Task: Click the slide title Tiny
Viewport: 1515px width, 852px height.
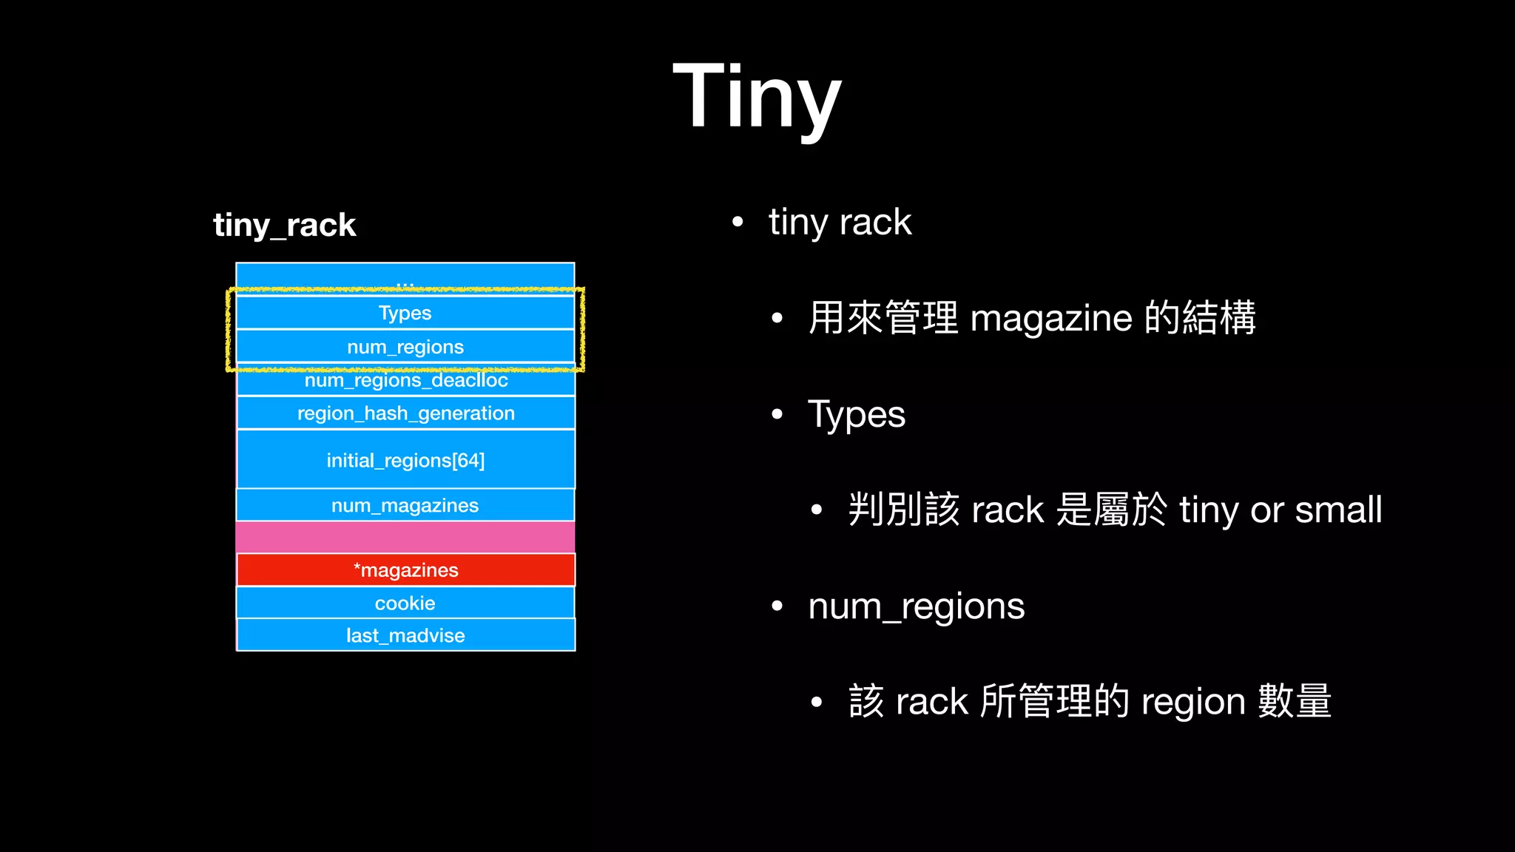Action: (x=757, y=96)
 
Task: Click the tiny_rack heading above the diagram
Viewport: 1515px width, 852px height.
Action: (x=285, y=225)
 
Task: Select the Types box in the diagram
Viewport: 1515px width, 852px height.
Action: (x=405, y=313)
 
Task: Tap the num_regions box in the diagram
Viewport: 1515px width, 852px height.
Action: (x=405, y=347)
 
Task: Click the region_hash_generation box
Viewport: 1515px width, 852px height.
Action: (x=405, y=413)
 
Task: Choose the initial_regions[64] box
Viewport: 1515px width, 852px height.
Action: (x=405, y=460)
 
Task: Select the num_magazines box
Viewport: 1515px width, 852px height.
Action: (x=405, y=505)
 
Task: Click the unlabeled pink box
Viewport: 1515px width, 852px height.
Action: (x=405, y=537)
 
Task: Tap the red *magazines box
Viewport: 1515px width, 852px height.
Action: (x=405, y=570)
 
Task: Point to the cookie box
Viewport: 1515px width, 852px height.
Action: (x=405, y=603)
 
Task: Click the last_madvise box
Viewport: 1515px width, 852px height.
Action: (x=405, y=635)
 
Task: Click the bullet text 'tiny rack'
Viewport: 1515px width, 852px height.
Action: (x=840, y=222)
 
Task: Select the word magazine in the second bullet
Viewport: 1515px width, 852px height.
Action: (x=1050, y=319)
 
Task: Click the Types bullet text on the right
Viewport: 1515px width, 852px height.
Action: (x=857, y=414)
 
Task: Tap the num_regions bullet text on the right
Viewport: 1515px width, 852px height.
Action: (x=916, y=606)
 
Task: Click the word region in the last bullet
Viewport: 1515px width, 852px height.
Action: (x=1193, y=702)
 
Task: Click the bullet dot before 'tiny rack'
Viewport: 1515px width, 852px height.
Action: (x=737, y=222)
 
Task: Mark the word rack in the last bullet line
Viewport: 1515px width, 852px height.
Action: (x=931, y=702)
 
